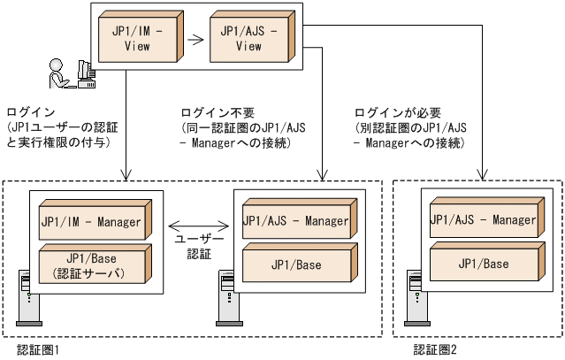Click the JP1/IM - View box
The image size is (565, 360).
(x=138, y=38)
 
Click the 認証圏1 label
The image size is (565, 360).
(x=38, y=350)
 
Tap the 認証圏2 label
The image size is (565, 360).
(x=435, y=350)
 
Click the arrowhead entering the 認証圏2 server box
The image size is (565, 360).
(x=483, y=184)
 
